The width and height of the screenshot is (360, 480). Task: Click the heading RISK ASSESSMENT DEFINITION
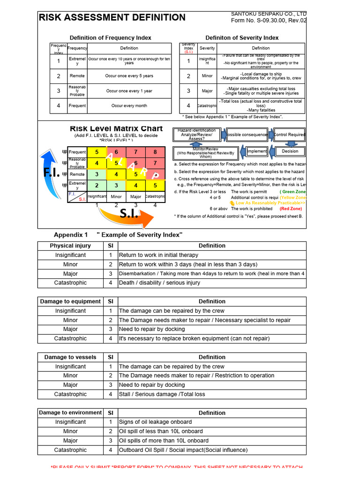point(112,18)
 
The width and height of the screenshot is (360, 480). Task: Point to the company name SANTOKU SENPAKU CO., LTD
point(269,14)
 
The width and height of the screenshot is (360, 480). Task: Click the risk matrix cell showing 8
point(155,152)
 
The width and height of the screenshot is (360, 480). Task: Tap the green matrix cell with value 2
point(97,186)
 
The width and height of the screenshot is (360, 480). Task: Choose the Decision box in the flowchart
point(290,151)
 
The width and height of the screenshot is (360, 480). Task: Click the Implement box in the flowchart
point(257,151)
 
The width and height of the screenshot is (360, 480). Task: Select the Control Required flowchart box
point(289,135)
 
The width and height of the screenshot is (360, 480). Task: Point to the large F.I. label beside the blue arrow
point(52,172)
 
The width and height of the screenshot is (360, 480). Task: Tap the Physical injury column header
point(70,246)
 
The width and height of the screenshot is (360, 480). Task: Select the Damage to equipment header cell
point(70,301)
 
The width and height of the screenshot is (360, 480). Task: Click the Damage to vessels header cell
point(70,357)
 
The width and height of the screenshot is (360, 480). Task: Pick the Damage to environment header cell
point(70,413)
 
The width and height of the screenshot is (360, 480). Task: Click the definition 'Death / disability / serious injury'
point(159,283)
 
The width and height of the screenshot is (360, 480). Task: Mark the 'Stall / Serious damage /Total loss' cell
point(162,394)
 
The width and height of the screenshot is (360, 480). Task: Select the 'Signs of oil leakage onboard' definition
point(155,422)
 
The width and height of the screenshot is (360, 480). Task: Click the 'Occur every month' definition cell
point(129,106)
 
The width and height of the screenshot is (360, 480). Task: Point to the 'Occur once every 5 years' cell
point(129,76)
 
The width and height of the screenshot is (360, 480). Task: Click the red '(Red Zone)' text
point(291,209)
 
